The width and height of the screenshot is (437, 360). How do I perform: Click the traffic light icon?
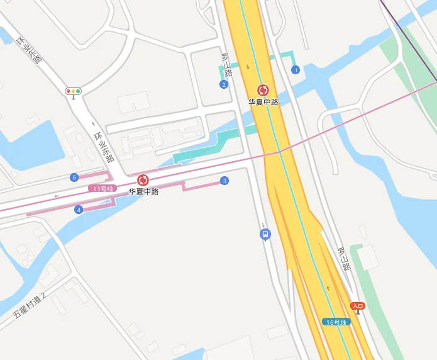(74, 91)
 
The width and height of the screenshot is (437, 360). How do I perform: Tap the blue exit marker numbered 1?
(296, 70)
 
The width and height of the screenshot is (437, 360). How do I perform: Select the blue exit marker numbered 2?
(224, 84)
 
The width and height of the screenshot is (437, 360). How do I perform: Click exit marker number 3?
(224, 181)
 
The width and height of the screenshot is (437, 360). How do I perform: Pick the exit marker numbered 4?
(79, 210)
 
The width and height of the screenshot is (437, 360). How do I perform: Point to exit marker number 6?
(74, 177)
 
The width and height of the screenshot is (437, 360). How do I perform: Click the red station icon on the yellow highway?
(263, 91)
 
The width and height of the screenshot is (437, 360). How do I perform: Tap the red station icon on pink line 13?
(143, 181)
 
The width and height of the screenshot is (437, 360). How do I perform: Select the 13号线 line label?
(102, 189)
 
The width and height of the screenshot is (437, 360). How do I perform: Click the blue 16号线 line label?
(336, 322)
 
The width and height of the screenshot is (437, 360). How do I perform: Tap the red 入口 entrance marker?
(358, 307)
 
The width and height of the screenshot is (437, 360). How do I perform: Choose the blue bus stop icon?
(265, 235)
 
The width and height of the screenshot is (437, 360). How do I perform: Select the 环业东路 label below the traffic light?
(103, 146)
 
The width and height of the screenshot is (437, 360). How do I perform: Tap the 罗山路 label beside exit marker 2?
(226, 65)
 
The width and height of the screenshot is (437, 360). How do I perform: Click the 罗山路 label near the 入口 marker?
(344, 259)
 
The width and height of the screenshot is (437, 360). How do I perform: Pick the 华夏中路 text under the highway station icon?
(263, 102)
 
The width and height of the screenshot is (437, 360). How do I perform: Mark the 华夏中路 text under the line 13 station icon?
(143, 192)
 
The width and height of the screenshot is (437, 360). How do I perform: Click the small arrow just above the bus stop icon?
(264, 225)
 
